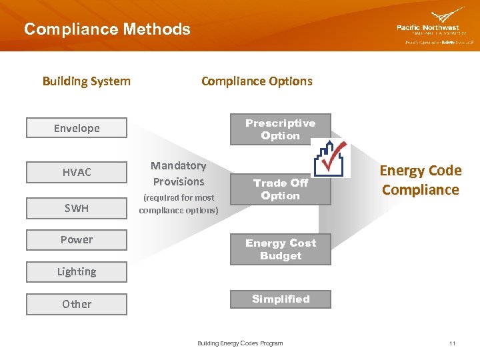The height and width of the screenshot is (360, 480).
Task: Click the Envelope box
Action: (77, 128)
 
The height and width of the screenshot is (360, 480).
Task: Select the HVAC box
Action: (77, 172)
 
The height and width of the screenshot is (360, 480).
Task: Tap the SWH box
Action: (77, 208)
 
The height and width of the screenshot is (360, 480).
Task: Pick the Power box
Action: (77, 240)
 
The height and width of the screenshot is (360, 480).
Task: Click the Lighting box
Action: (77, 272)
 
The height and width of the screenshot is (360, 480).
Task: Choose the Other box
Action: (77, 304)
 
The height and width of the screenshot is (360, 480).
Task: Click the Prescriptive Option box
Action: (280, 129)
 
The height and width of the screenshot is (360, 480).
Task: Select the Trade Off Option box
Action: (280, 189)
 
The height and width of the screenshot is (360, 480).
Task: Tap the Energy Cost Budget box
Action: (280, 249)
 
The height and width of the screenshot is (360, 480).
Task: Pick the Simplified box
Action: (280, 299)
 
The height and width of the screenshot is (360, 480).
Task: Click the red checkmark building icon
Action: (331, 158)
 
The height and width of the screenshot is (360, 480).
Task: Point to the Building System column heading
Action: (87, 81)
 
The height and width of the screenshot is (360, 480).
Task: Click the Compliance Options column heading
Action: (257, 81)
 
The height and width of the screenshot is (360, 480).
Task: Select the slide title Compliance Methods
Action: (107, 29)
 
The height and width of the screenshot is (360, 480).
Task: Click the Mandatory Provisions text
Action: (179, 173)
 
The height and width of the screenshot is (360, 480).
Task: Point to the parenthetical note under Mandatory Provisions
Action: (179, 204)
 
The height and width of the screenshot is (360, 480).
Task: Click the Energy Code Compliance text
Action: (421, 180)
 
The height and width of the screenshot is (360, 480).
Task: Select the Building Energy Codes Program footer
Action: (240, 343)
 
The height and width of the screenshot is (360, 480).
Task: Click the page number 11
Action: (452, 343)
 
